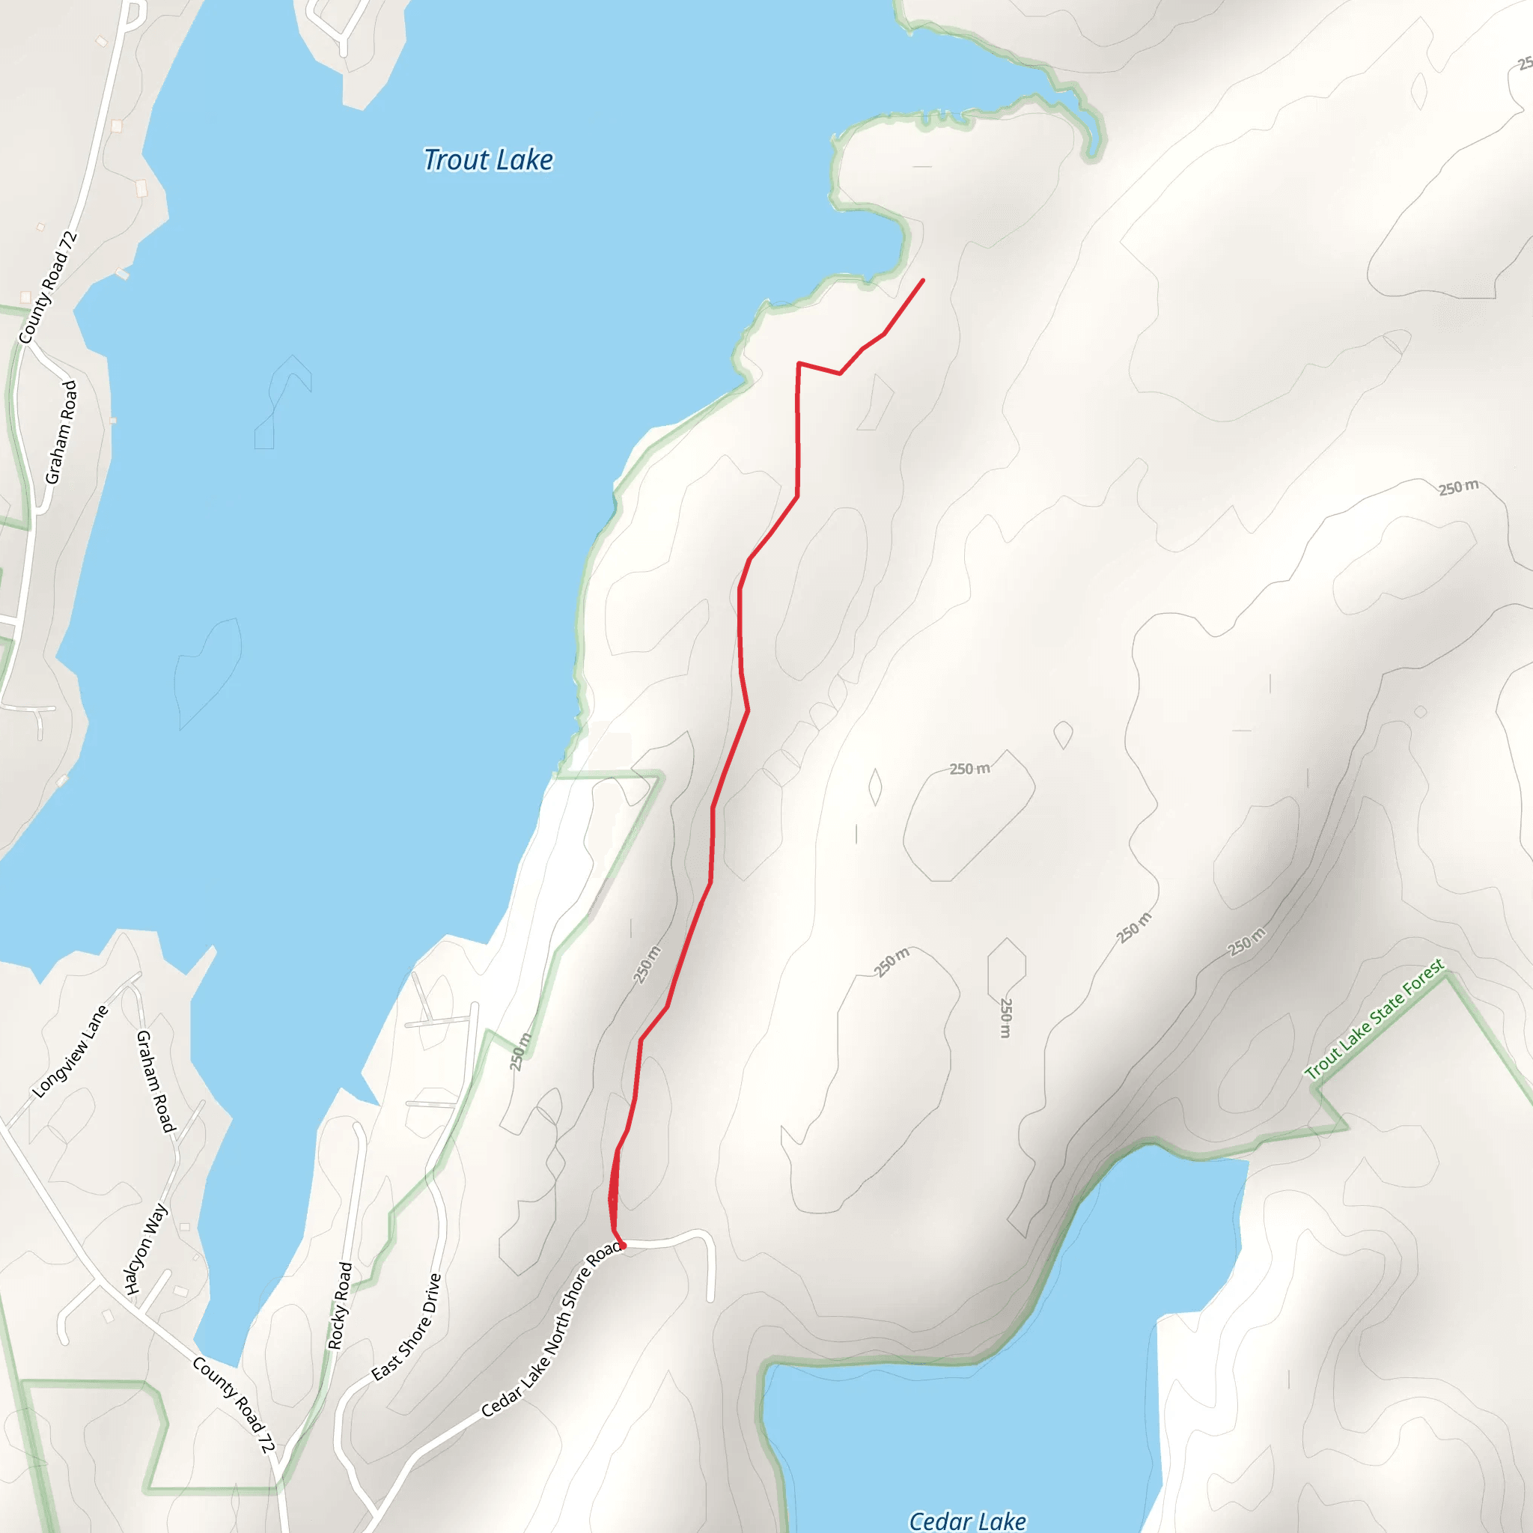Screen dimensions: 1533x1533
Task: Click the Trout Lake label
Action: tap(488, 160)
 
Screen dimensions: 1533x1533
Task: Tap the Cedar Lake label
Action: tap(967, 1520)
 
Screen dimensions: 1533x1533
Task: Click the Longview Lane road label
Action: tap(70, 1052)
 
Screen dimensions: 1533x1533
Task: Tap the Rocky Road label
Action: tap(340, 1305)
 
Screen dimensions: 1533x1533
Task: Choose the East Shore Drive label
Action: tap(406, 1326)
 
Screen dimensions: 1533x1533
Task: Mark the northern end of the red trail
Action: tap(923, 280)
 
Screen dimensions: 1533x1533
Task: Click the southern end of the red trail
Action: tap(623, 1246)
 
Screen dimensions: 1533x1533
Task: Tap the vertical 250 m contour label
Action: tap(1005, 1018)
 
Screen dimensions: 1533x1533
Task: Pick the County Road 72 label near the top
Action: tap(49, 287)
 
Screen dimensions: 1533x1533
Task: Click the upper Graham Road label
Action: tap(61, 433)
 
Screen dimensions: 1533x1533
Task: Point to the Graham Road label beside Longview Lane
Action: tap(155, 1082)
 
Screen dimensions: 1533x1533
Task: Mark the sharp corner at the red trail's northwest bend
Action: tap(798, 363)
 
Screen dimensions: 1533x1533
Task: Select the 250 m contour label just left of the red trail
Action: tap(647, 965)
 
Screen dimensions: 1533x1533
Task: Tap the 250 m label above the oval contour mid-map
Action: tap(969, 768)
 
